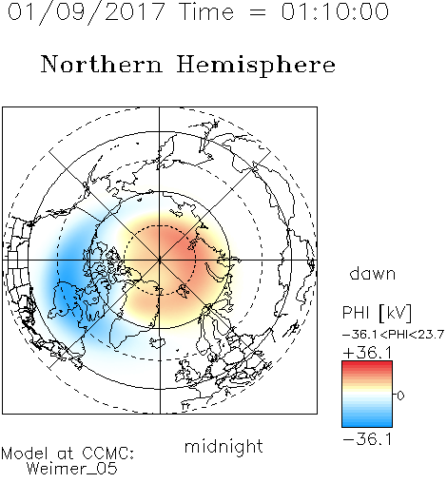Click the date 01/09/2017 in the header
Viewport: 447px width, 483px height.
click(x=87, y=12)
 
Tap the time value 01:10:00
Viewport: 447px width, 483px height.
click(x=335, y=11)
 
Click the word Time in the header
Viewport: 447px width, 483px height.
click(x=206, y=11)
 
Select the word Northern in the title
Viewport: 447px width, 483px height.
click(x=102, y=65)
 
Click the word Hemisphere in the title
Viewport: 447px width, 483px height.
click(x=256, y=66)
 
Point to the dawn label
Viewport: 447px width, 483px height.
click(x=373, y=274)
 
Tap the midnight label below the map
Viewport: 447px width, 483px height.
click(x=223, y=446)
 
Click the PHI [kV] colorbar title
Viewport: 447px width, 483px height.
click(x=377, y=313)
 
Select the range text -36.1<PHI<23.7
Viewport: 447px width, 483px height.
click(x=394, y=335)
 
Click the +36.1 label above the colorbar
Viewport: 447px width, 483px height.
click(x=367, y=353)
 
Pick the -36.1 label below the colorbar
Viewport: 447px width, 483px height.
click(x=367, y=439)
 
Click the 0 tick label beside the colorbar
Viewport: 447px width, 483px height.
click(x=400, y=396)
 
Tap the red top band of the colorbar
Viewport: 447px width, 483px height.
click(x=367, y=365)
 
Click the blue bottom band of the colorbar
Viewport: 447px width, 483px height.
click(x=367, y=423)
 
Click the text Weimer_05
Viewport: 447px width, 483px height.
click(x=72, y=469)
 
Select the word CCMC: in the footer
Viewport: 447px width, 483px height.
click(x=108, y=454)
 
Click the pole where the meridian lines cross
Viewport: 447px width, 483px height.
click(x=160, y=261)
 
